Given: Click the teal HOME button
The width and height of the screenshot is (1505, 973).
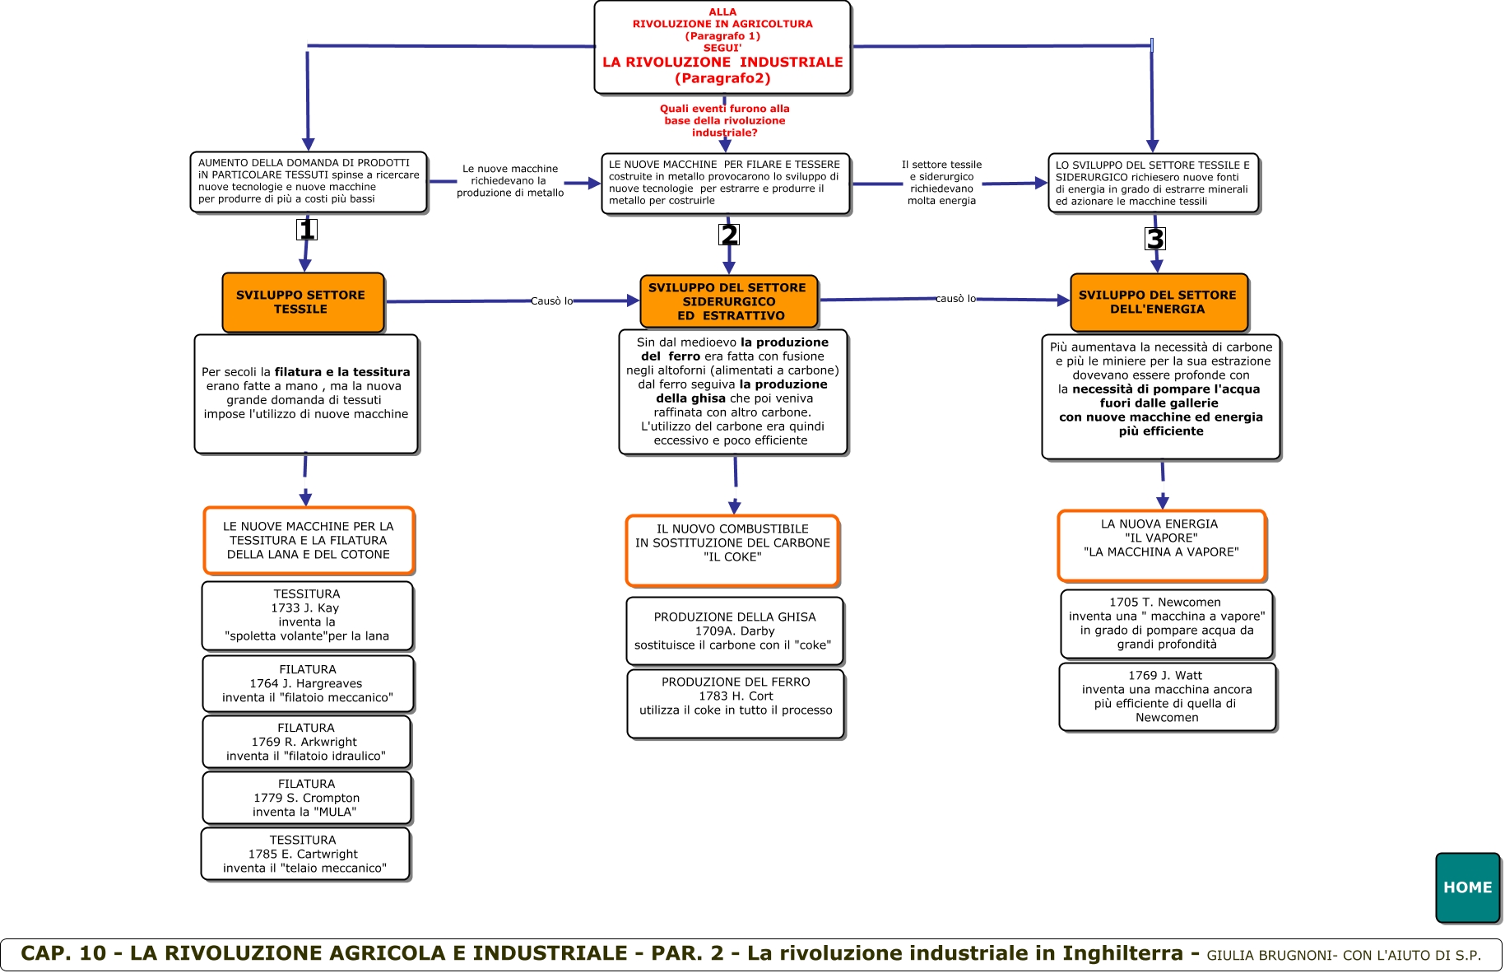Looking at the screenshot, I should point(1467,887).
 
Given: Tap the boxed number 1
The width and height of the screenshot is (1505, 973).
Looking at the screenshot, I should point(307,230).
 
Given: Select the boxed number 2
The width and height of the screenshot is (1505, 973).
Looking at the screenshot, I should point(729,235).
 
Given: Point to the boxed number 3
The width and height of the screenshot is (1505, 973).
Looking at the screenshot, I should point(1155,239).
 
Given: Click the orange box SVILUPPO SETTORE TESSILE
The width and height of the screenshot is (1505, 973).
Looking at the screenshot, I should point(302,302).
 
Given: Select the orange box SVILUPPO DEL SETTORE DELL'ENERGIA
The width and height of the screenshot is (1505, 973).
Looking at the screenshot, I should point(1158,302).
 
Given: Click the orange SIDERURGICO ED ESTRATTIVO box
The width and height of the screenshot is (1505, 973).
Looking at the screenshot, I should point(728,301).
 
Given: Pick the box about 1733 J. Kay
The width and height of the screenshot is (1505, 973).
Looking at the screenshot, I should point(307,615).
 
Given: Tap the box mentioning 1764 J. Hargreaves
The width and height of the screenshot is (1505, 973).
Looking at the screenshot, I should point(307,683).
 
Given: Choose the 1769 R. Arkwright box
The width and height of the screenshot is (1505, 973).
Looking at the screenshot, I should point(306,742).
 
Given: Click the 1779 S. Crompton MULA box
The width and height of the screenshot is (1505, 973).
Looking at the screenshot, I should point(306,798).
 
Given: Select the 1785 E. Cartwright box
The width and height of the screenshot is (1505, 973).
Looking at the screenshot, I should point(304,854).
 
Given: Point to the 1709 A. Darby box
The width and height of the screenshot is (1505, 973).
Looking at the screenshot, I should point(734,631).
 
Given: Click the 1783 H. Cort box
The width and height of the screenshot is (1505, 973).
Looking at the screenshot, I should point(735,703).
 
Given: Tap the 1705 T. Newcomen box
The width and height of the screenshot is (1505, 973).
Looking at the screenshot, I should point(1166,623).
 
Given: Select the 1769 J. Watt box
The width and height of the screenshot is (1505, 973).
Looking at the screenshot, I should point(1166,696).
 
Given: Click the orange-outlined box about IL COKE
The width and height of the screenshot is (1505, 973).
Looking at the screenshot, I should point(732,550).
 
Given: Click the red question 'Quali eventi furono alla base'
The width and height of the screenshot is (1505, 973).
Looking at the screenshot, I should point(725,120).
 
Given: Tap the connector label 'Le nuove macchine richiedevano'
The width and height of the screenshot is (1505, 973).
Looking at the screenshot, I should point(510,180).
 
